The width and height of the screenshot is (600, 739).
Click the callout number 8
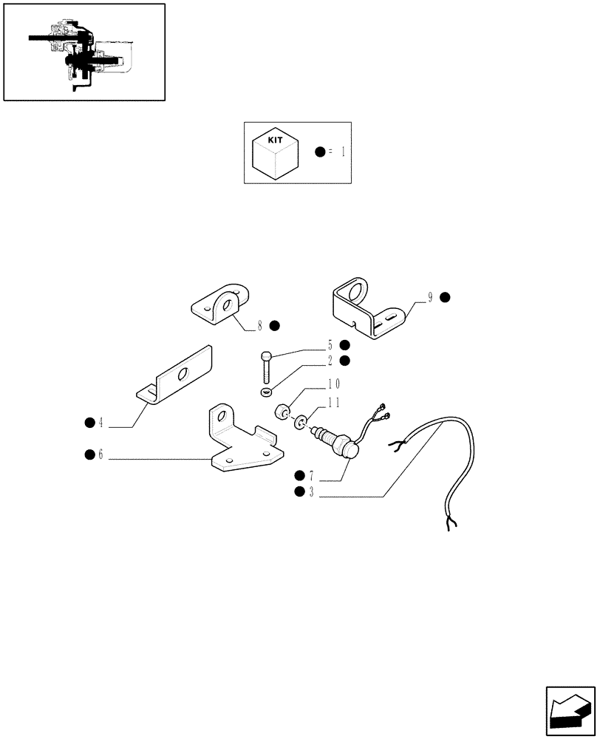(x=260, y=325)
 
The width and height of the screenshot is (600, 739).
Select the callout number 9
(x=430, y=298)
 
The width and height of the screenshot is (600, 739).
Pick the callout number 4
(x=100, y=423)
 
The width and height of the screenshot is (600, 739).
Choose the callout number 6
(x=100, y=454)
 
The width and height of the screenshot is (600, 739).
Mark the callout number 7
(x=311, y=475)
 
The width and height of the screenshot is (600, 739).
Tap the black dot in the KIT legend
(x=319, y=151)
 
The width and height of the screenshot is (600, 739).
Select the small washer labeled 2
(x=266, y=390)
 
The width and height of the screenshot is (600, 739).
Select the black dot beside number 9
(x=445, y=298)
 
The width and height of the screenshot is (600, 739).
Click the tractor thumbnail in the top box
(x=83, y=52)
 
